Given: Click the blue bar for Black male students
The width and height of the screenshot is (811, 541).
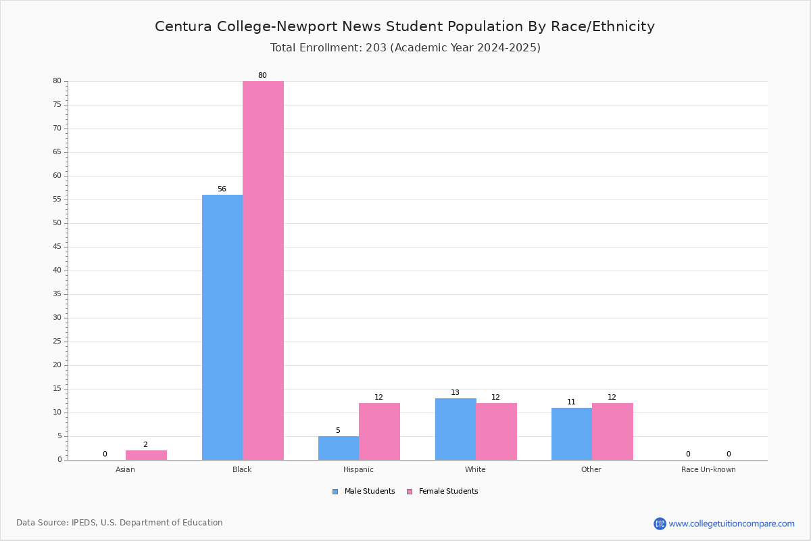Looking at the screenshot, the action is click(x=222, y=327).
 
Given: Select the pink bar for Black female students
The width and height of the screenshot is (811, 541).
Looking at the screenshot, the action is click(x=263, y=270).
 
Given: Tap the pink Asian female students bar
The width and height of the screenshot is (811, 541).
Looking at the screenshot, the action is click(x=146, y=456).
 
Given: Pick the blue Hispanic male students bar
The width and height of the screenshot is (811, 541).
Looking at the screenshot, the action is click(x=339, y=448).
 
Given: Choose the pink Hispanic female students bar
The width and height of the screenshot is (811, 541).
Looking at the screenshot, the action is click(x=379, y=431).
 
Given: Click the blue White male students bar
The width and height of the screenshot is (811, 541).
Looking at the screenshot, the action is click(x=456, y=429).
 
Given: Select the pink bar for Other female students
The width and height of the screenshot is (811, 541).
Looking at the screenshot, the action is click(x=612, y=431).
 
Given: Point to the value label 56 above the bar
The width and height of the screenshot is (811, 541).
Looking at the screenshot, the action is click(x=222, y=189).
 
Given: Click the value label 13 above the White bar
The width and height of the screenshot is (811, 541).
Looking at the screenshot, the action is click(x=455, y=392).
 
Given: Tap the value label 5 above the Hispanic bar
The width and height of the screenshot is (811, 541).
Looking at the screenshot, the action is click(x=338, y=431).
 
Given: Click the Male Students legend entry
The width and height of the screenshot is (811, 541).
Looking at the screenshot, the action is click(x=364, y=492).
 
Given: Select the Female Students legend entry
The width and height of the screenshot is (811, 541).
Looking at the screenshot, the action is click(x=443, y=492).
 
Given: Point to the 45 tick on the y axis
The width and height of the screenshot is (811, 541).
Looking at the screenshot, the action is click(x=57, y=247).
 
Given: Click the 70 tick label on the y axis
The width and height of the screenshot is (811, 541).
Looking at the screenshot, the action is click(x=57, y=128).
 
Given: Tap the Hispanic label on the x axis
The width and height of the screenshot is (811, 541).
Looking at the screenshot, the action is click(x=358, y=469).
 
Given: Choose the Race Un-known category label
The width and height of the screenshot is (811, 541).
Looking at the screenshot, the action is click(x=708, y=469).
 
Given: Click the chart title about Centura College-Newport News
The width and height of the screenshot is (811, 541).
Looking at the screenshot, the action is click(x=405, y=27).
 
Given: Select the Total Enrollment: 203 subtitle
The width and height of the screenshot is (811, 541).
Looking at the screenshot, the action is click(x=405, y=48).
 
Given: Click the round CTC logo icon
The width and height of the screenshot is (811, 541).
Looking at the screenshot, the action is click(x=660, y=523).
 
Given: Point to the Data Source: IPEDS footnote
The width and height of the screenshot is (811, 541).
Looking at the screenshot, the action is click(x=120, y=523).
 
